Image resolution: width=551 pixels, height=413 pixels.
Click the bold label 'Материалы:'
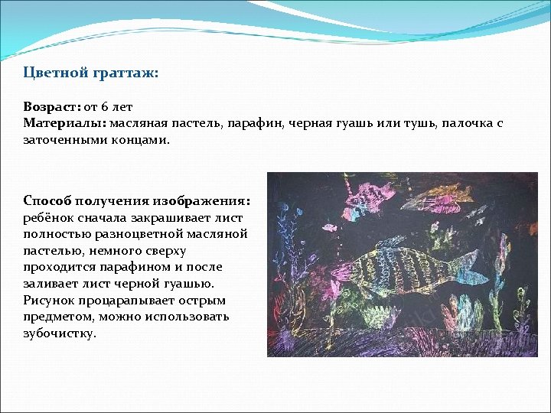click(x=65, y=123)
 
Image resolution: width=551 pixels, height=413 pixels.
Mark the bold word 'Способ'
click(x=48, y=200)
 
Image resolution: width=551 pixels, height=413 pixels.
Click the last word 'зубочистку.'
click(x=60, y=333)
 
